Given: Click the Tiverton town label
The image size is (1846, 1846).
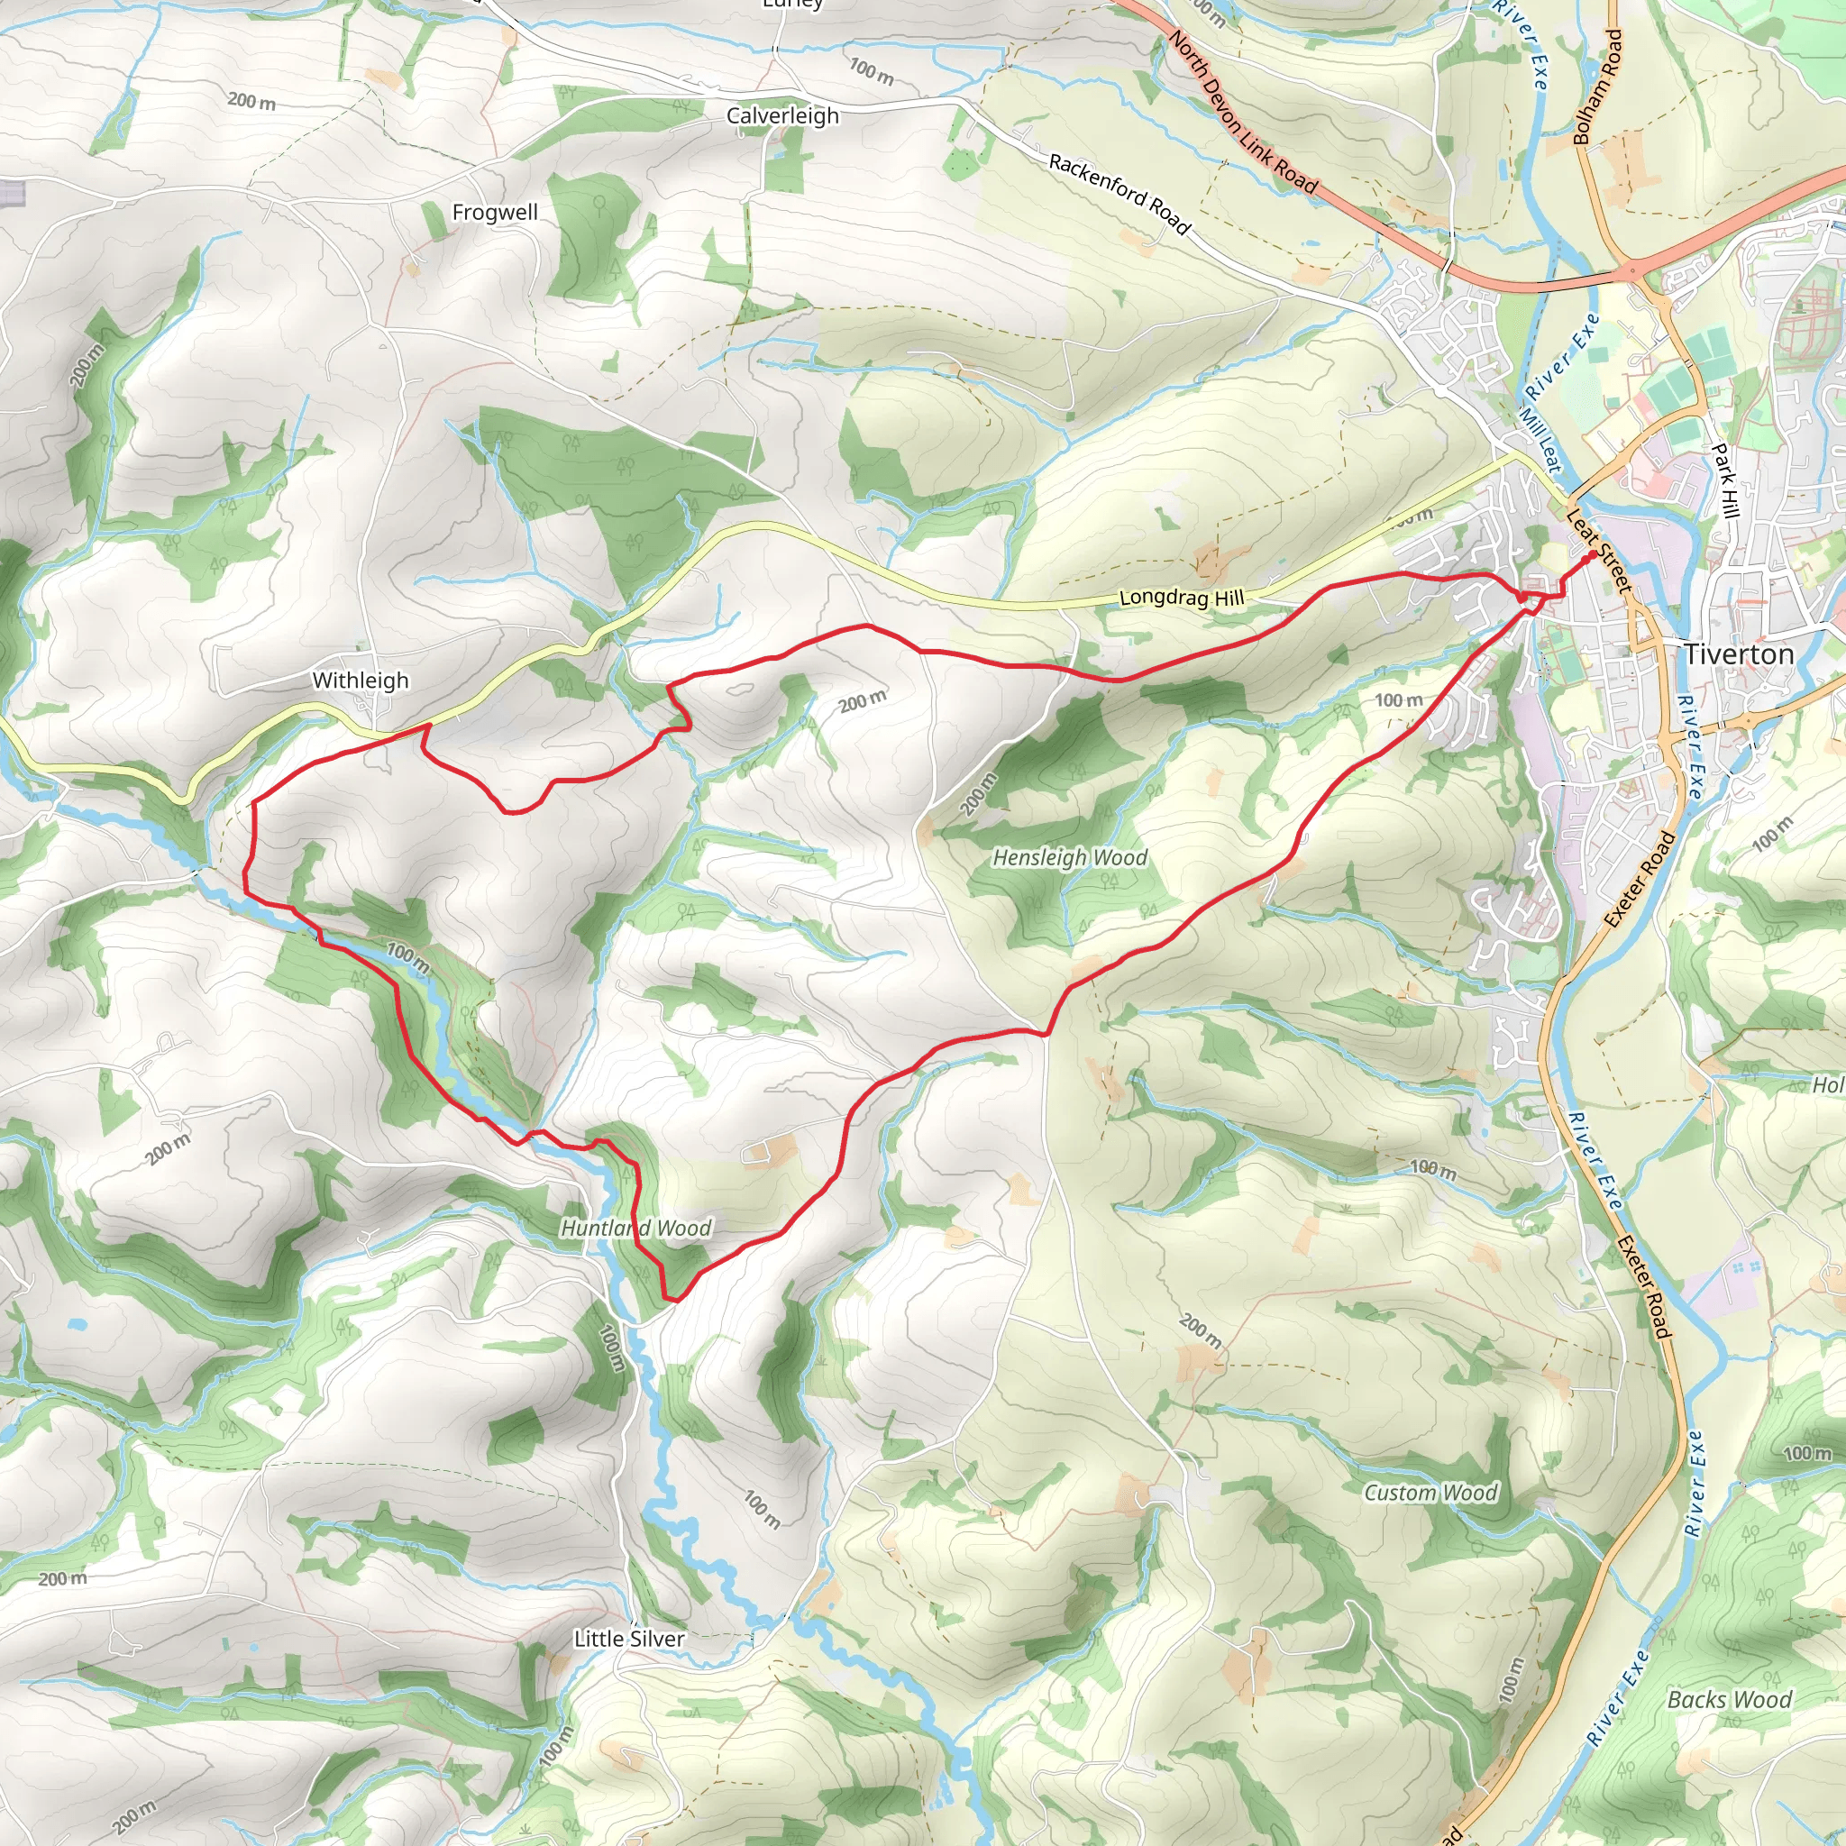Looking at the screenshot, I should click(x=1739, y=654).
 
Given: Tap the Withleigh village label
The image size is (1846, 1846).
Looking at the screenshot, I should click(x=361, y=681).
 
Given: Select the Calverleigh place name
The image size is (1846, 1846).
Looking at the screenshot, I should click(x=782, y=115).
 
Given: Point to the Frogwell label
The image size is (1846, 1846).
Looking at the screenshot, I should click(x=495, y=212).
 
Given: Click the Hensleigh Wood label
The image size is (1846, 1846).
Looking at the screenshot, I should click(x=1070, y=857).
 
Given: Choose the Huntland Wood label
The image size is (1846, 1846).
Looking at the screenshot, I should click(x=636, y=1228).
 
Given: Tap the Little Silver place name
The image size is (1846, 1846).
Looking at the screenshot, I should click(x=630, y=1639).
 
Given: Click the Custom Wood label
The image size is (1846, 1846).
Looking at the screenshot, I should click(x=1430, y=1493).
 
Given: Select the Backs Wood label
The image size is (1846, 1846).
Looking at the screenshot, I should click(x=1730, y=1699).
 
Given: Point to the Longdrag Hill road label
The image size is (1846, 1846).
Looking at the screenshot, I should click(x=1181, y=599).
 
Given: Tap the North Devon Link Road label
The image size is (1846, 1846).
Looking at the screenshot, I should click(x=1243, y=113).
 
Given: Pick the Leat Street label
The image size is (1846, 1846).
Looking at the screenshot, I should click(x=1600, y=550).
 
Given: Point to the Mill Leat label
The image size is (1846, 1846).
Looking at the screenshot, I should click(x=1540, y=440).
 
